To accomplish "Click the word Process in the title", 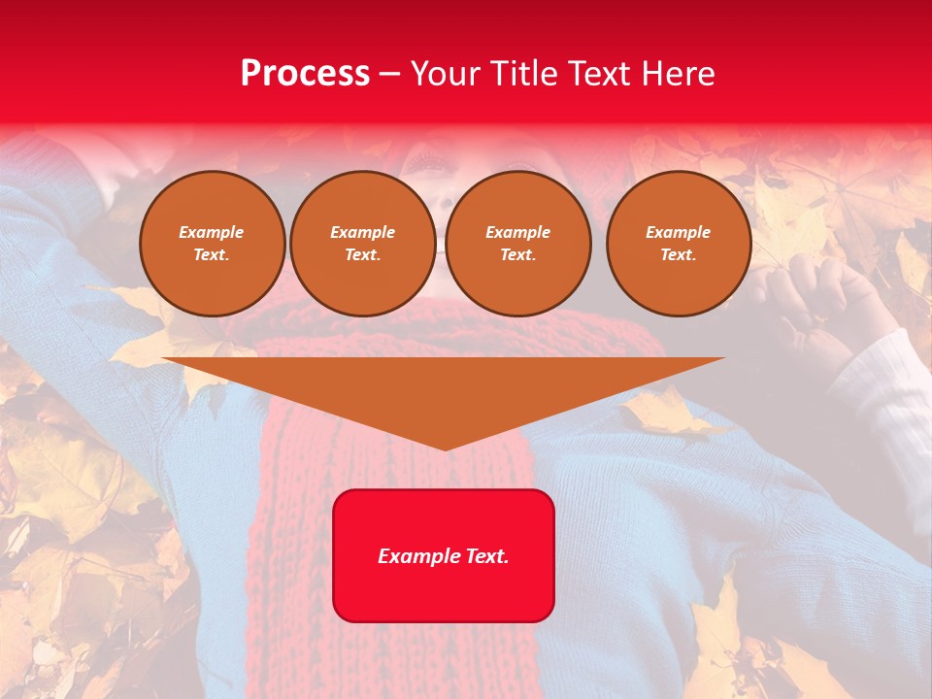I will [x=305, y=73].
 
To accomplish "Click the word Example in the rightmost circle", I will [x=678, y=232].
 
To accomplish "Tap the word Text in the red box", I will [x=485, y=556].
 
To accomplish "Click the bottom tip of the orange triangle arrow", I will [x=445, y=448].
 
